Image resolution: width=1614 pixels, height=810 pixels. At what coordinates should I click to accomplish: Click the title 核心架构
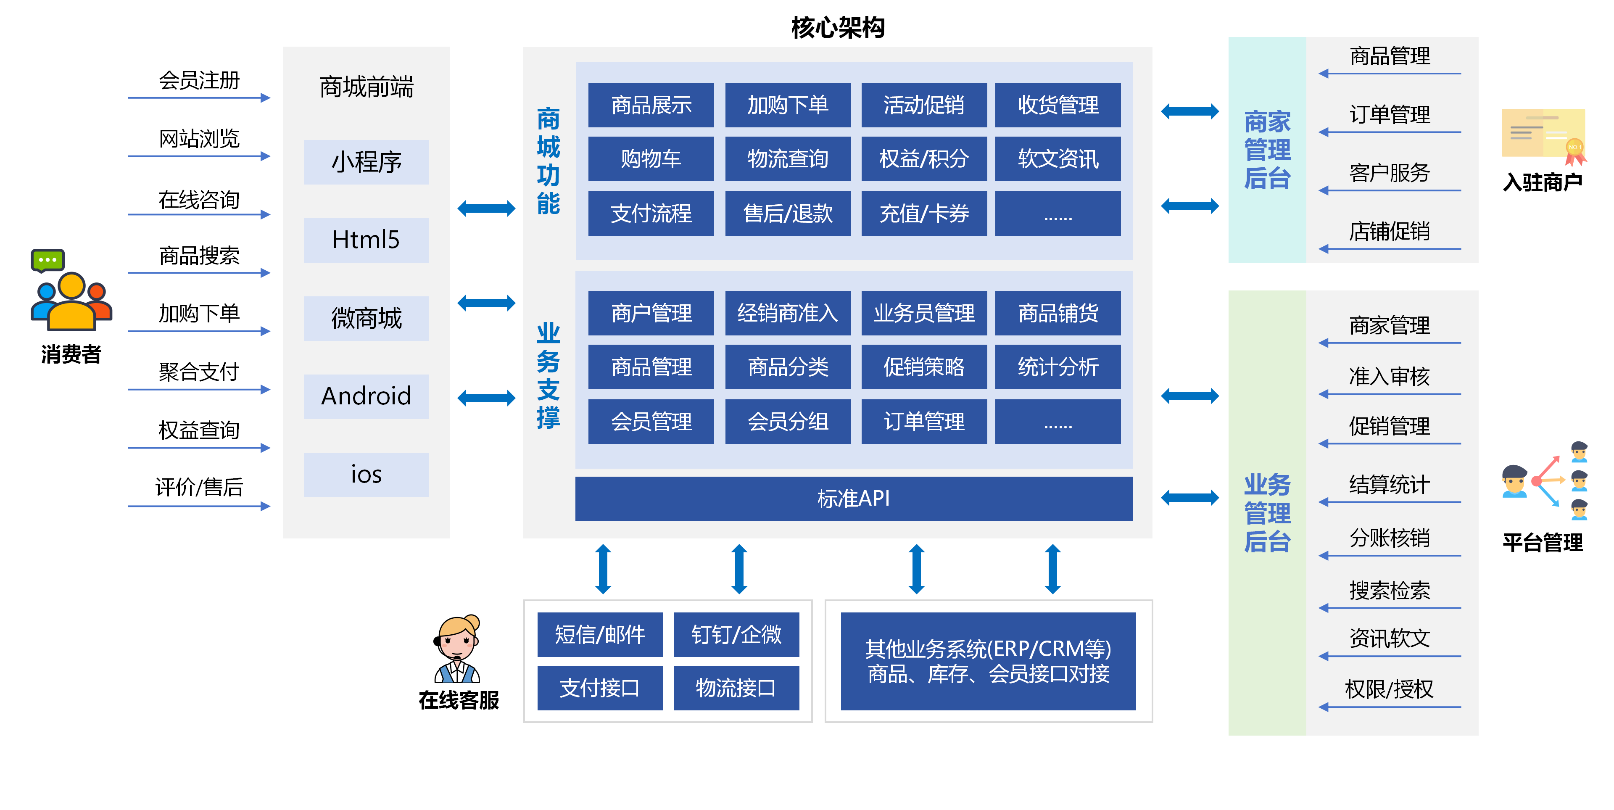click(837, 28)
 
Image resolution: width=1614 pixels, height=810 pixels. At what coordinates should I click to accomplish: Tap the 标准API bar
click(853, 499)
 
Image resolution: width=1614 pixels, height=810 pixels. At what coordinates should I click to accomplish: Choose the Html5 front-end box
click(366, 240)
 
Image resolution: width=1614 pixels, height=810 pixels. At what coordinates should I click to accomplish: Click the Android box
click(366, 396)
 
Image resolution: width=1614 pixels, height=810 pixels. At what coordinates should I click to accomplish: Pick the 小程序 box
click(366, 162)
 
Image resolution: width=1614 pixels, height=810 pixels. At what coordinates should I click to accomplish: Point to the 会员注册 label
click(199, 81)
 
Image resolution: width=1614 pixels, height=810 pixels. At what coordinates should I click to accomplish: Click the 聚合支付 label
click(199, 372)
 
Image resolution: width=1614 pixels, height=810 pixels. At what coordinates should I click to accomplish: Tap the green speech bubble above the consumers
click(47, 259)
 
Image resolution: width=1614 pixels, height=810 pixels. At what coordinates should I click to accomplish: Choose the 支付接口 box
click(600, 688)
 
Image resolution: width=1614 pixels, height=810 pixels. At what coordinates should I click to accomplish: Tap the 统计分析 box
click(1057, 367)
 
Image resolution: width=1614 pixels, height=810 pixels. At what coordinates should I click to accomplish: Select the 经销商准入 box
click(788, 313)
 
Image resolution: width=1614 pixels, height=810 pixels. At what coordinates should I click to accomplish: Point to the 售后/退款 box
click(788, 214)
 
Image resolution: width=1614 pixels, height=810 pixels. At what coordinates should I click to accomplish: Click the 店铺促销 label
click(1389, 232)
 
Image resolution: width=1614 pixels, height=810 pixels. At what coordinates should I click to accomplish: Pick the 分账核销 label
click(1389, 538)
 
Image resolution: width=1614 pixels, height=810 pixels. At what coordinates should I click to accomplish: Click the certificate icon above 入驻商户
click(1543, 135)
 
